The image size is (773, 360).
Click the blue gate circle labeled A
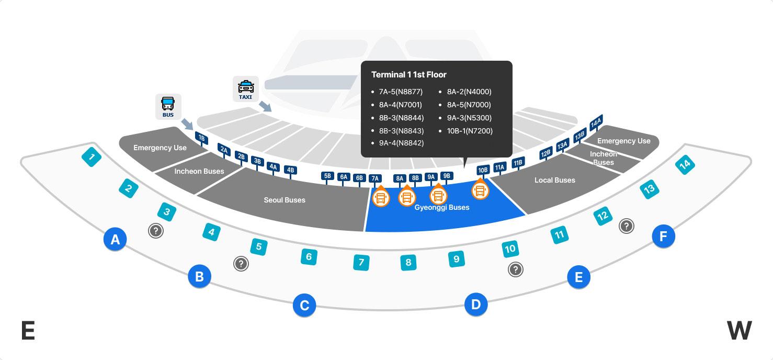click(115, 240)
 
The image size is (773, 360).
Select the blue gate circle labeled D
click(476, 305)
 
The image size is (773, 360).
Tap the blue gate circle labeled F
click(663, 237)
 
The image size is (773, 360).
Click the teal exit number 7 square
click(361, 262)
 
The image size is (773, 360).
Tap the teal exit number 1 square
click(92, 156)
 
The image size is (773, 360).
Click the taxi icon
click(245, 89)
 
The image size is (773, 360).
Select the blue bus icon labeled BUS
click(168, 106)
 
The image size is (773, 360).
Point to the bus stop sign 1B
click(201, 138)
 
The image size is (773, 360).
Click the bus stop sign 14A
click(596, 122)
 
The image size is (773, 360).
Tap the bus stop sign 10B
click(483, 170)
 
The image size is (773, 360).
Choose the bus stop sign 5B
click(328, 176)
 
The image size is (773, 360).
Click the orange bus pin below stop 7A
click(381, 197)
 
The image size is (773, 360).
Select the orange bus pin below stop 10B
click(480, 190)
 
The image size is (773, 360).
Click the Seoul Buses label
click(285, 200)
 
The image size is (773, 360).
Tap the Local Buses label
click(554, 180)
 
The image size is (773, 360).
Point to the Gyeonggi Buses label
click(441, 208)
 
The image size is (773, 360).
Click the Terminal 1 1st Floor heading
click(408, 75)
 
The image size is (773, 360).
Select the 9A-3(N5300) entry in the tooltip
click(469, 118)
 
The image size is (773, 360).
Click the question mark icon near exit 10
click(516, 269)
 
